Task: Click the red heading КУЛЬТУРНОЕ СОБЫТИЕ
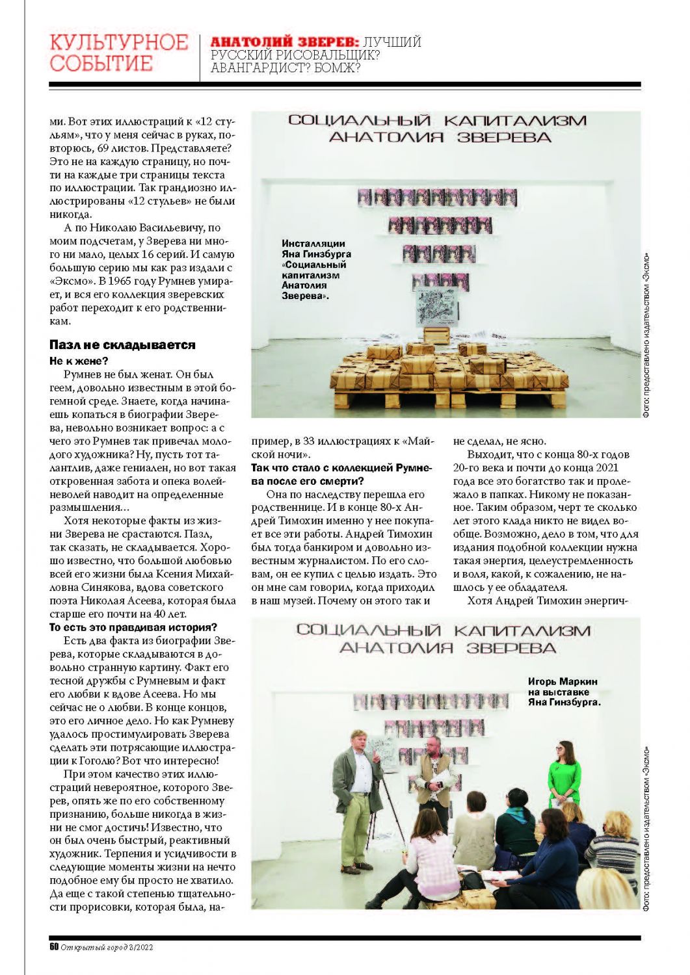[x=118, y=53]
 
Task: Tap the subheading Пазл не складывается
[x=122, y=345]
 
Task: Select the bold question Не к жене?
[x=79, y=361]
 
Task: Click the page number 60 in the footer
[x=54, y=947]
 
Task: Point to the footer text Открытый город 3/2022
[x=107, y=947]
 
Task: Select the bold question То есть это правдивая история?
[x=133, y=627]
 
